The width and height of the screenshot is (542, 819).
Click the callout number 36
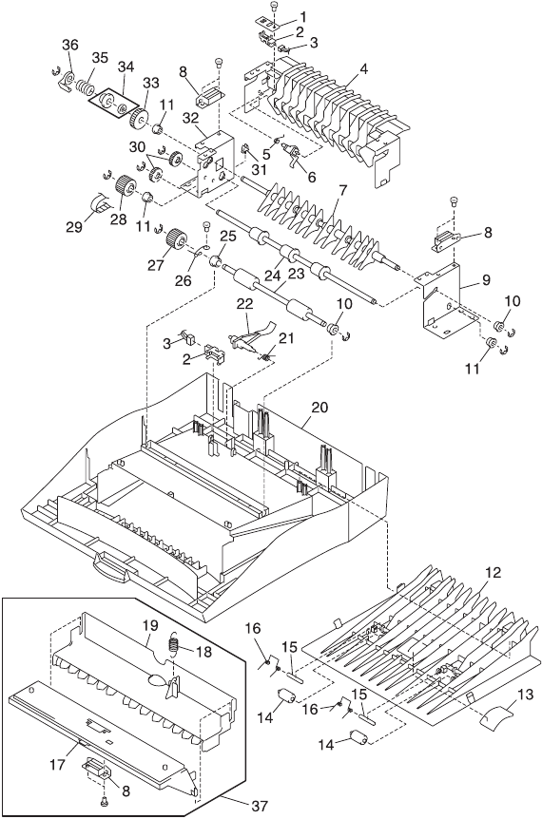(70, 45)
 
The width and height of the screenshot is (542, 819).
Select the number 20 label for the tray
(319, 407)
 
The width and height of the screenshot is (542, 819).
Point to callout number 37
(260, 806)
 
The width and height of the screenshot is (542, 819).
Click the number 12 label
(493, 573)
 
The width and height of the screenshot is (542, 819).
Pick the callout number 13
(525, 695)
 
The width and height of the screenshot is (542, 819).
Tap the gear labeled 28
(125, 186)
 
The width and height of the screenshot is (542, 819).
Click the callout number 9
(486, 280)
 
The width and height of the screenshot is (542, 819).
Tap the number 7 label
(342, 191)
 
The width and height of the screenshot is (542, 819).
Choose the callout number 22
(245, 303)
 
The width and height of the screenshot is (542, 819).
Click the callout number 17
(57, 765)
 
